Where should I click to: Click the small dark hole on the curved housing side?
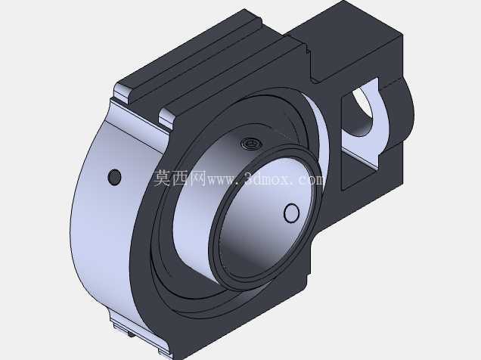point(115,177)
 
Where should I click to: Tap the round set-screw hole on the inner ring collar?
point(291,213)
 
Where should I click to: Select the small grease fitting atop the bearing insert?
point(251,143)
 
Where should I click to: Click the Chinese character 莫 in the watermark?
point(163,178)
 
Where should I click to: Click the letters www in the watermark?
point(222,180)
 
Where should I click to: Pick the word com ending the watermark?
point(310,180)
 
